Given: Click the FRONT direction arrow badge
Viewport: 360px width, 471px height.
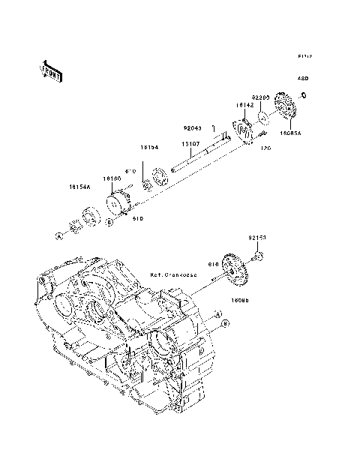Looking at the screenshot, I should [46, 70].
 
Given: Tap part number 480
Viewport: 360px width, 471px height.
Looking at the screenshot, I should [303, 78].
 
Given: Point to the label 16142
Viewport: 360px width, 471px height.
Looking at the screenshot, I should [245, 106].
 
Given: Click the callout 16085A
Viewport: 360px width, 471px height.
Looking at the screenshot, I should [290, 133].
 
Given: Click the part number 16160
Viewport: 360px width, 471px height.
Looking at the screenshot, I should [112, 178].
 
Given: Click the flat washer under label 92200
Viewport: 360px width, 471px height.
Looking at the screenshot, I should [265, 117].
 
